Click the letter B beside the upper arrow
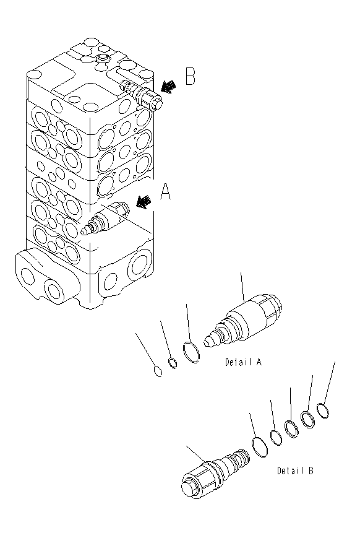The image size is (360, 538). [190, 77]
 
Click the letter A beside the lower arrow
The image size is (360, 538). [166, 194]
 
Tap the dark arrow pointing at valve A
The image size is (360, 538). [143, 202]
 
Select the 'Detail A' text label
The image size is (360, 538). [242, 362]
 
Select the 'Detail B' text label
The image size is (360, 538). [294, 471]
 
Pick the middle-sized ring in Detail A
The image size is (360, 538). [174, 365]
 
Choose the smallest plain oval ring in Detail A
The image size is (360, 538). [158, 372]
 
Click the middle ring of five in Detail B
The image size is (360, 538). [291, 428]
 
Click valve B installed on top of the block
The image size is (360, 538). [146, 96]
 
